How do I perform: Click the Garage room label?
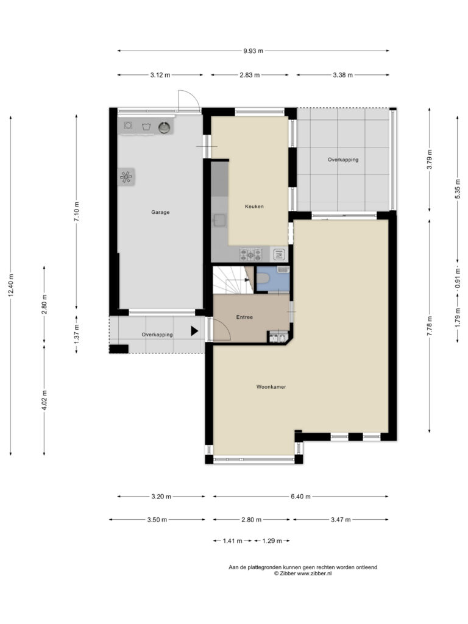tap(160, 212)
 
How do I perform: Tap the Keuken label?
tap(254, 206)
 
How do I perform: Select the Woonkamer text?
tap(271, 386)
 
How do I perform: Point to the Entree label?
tap(244, 317)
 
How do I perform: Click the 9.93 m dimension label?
tap(253, 51)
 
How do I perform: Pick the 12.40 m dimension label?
tap(11, 285)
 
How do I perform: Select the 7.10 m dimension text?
tap(76, 211)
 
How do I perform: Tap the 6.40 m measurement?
tap(300, 496)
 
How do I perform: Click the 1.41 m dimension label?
tap(232, 541)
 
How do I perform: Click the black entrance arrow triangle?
tap(194, 331)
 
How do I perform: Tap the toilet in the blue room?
tap(263, 278)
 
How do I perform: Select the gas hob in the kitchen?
tap(250, 254)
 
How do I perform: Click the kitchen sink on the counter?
tap(219, 220)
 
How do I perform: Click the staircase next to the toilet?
tap(233, 280)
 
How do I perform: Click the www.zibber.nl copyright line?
tap(302, 573)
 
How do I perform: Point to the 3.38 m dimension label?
tap(342, 75)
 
